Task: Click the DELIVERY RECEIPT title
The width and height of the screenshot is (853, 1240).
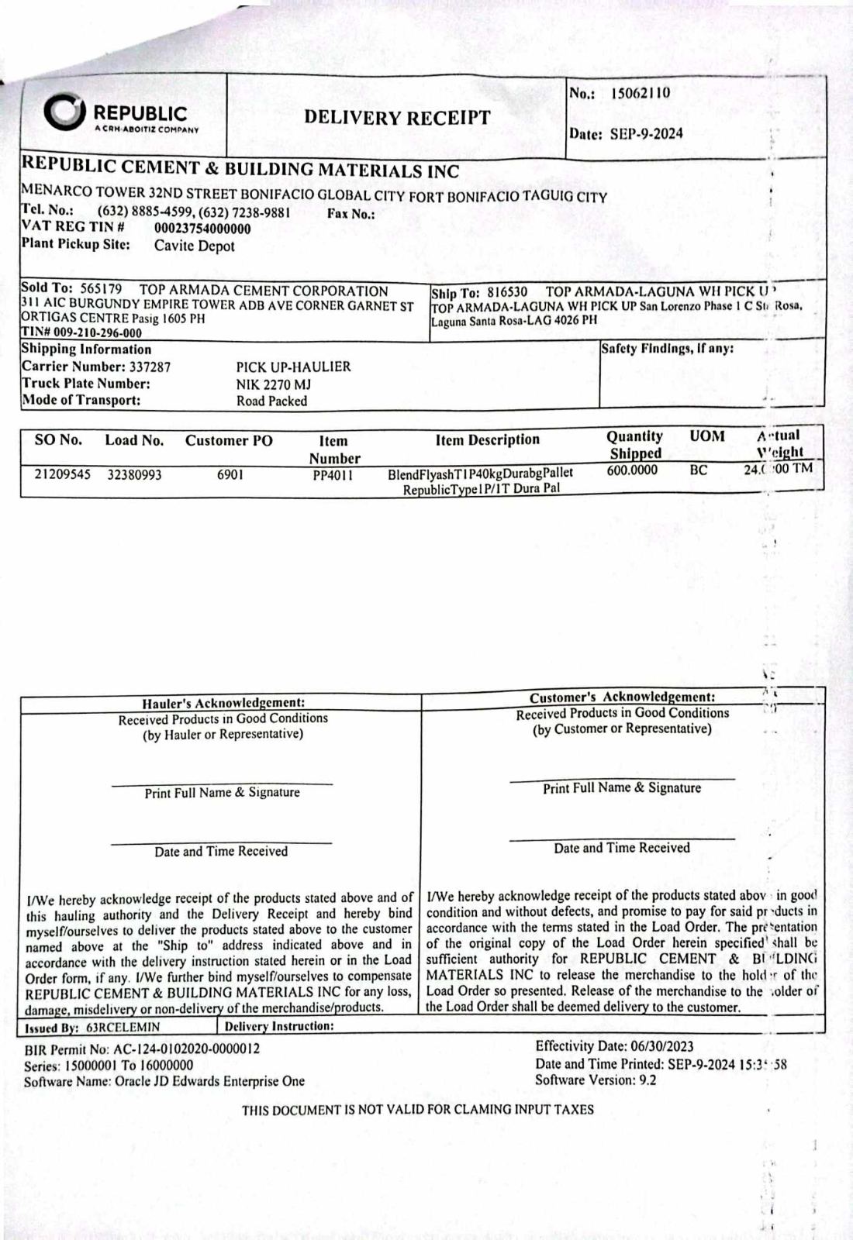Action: [x=397, y=118]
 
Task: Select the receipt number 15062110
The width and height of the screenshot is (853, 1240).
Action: [x=641, y=94]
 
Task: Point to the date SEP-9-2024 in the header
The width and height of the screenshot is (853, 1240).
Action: [x=647, y=133]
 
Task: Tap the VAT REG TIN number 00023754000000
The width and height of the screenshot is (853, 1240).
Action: [x=202, y=229]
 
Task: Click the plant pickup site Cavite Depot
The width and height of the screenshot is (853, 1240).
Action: [x=194, y=246]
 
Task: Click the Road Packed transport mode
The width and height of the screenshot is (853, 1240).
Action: [x=271, y=401]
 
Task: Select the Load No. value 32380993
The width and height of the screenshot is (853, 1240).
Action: [x=134, y=474]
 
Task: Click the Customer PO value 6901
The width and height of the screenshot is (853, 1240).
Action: [x=230, y=474]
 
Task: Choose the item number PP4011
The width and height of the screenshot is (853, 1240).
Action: [x=333, y=475]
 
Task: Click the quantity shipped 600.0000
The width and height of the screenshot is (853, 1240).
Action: [x=632, y=470]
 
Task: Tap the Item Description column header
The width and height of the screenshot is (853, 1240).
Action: [x=487, y=439]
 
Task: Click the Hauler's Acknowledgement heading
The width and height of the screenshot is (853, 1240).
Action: [x=223, y=703]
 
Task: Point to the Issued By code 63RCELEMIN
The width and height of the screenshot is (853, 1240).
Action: [x=123, y=1027]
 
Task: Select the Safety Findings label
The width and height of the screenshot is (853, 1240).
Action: [x=667, y=349]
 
